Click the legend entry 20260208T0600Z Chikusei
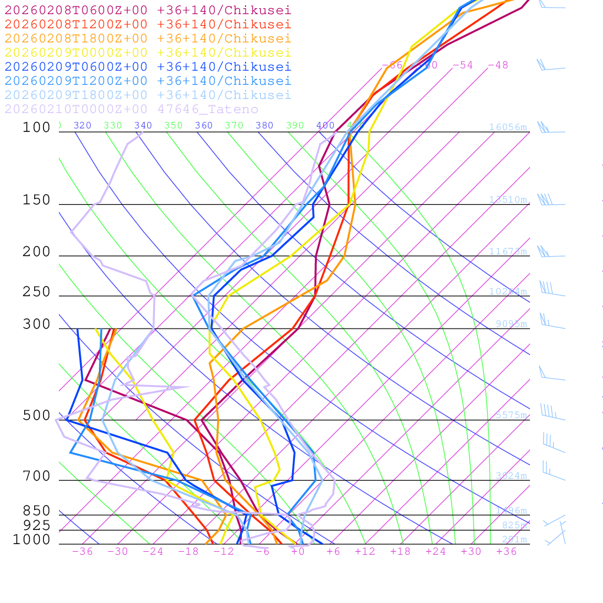coord(148,11)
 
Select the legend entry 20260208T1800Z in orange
coord(148,39)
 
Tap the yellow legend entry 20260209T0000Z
coord(148,53)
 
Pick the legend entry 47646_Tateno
coord(131,110)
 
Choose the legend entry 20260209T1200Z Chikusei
coord(148,81)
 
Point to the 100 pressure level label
coord(37,128)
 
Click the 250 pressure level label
coord(37,293)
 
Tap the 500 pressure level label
coord(37,416)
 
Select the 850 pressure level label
coord(37,511)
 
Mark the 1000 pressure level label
coord(32,540)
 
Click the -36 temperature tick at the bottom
coord(82,552)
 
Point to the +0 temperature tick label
coord(298,552)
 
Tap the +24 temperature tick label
coord(436,552)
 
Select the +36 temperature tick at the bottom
coord(506,552)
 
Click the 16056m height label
coord(508,127)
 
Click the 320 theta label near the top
coord(82,125)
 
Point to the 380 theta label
coord(264,125)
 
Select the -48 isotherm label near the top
coord(498,65)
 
